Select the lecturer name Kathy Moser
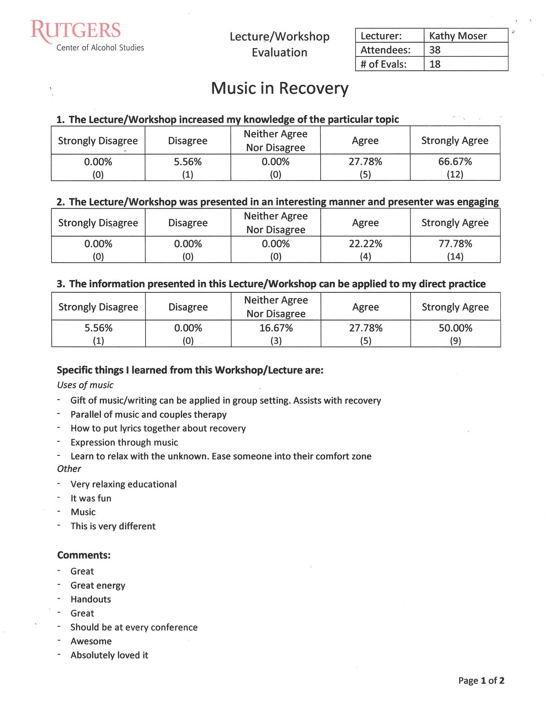[x=458, y=36]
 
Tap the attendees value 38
[x=435, y=50]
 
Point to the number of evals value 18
[x=435, y=64]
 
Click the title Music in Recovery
[x=279, y=88]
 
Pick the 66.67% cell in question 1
[x=455, y=167]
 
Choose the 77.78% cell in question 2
[x=455, y=249]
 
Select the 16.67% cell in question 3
[x=276, y=333]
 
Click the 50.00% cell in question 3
[x=455, y=333]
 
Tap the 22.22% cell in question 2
[x=365, y=249]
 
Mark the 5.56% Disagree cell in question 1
[x=188, y=167]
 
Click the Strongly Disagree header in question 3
[x=98, y=307]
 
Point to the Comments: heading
[x=84, y=555]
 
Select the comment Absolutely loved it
[x=109, y=655]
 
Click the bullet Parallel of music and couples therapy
[x=148, y=415]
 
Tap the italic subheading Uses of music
[x=85, y=385]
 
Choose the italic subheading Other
[x=69, y=469]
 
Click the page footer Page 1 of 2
[x=481, y=681]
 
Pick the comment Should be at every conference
[x=134, y=627]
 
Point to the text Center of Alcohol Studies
[x=100, y=48]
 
